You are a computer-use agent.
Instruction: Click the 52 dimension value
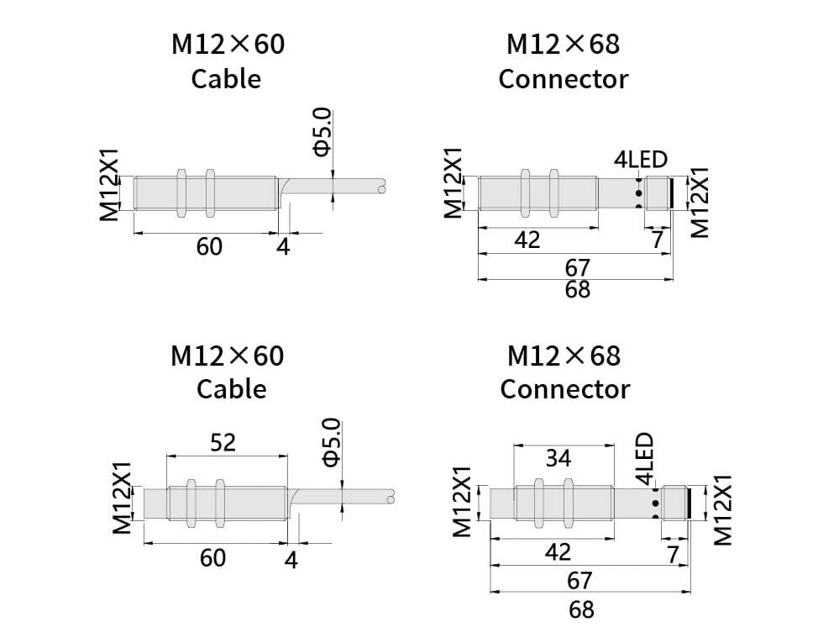[x=223, y=442]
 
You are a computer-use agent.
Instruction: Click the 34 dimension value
[x=558, y=458]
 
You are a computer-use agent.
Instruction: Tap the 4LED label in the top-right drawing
[x=641, y=160]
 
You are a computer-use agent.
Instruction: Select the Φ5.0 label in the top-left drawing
[x=323, y=133]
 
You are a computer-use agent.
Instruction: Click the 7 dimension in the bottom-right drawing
[x=673, y=554]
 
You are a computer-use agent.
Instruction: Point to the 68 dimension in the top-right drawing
[x=578, y=290]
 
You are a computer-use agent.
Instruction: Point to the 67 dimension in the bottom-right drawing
[x=579, y=580]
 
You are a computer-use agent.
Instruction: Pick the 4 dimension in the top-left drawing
[x=283, y=247]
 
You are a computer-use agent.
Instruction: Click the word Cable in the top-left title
[x=226, y=79]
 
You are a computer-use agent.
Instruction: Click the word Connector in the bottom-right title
[x=564, y=389]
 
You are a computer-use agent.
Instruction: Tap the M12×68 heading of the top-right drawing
[x=564, y=44]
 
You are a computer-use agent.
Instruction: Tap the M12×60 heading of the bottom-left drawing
[x=228, y=356]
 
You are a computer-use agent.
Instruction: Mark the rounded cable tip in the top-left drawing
[x=382, y=190]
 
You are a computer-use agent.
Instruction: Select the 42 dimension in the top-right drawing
[x=527, y=240]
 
